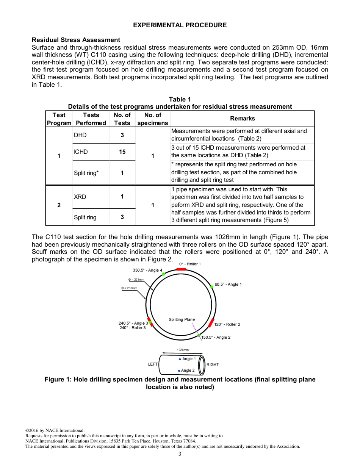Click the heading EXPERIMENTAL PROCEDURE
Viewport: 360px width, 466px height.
[x=180, y=25]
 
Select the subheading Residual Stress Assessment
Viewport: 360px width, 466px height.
[x=76, y=40]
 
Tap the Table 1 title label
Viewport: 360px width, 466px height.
[x=180, y=99]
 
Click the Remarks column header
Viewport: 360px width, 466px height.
[x=242, y=119]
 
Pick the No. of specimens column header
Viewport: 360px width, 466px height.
[x=152, y=119]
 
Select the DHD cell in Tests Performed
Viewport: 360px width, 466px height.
[x=80, y=135]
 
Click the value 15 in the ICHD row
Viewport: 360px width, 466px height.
[x=122, y=152]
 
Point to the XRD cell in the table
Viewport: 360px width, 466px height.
[x=80, y=197]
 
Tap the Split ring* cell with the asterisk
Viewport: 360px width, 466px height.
[x=86, y=173]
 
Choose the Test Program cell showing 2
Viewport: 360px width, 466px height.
[x=59, y=205]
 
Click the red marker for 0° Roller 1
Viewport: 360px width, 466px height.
[x=181, y=269]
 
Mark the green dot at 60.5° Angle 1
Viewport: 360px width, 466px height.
[x=211, y=287]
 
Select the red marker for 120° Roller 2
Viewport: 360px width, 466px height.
[x=211, y=323]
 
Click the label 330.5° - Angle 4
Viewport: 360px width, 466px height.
[x=147, y=270]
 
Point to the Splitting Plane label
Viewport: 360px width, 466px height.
[x=182, y=319]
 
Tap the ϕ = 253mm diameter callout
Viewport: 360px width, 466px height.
[x=130, y=288]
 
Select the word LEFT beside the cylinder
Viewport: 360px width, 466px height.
[x=153, y=364]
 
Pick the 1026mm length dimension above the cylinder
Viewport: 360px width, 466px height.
[x=183, y=350]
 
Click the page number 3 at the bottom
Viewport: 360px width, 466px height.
[x=180, y=454]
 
